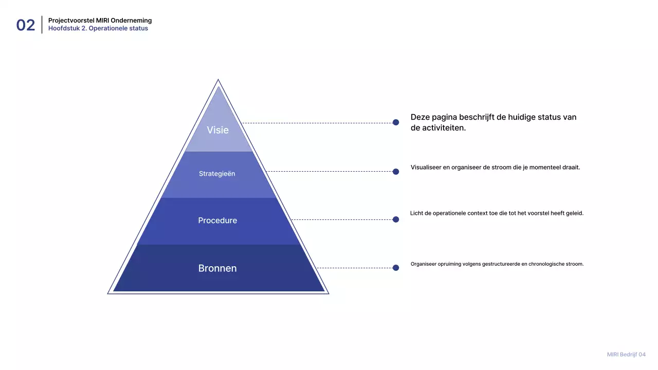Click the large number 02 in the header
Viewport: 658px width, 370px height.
point(26,25)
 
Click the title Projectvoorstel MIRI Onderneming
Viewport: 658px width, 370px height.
point(100,21)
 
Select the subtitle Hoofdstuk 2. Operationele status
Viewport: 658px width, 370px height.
point(98,28)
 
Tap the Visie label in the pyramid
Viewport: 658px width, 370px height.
point(217,130)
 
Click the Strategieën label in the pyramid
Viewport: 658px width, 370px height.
point(217,174)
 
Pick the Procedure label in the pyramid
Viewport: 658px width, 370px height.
point(217,220)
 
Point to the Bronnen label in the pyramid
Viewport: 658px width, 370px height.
point(217,268)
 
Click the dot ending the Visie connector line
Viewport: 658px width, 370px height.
point(396,122)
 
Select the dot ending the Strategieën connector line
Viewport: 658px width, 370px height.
point(396,172)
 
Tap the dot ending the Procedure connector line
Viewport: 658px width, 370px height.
point(396,219)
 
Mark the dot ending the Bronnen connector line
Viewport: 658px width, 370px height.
point(396,268)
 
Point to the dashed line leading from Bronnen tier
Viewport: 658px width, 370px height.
point(355,268)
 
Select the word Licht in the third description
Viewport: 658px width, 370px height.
point(416,213)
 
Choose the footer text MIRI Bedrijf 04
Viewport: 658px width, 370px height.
point(626,355)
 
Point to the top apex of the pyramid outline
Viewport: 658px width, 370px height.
point(218,80)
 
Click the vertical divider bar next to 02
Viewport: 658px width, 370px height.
point(42,25)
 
